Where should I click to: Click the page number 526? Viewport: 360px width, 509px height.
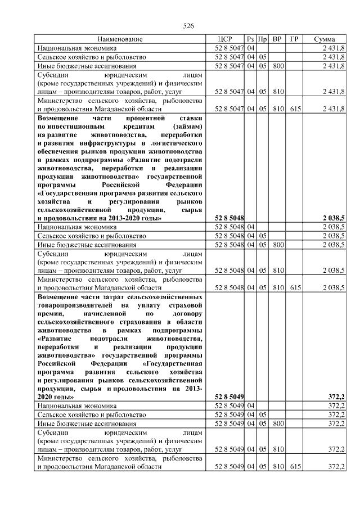pos(188,26)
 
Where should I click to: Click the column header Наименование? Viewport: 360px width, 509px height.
pos(120,39)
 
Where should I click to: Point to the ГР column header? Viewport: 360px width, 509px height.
pos(294,39)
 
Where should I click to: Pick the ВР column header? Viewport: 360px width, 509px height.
pos(277,39)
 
